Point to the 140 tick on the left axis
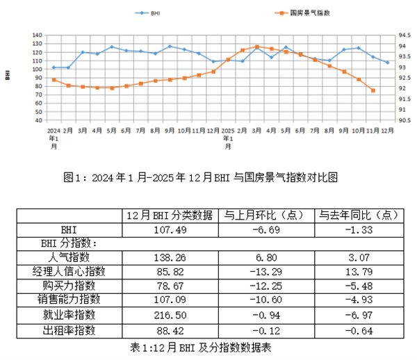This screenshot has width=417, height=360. point(38,35)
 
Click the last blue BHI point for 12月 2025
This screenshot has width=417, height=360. point(387,63)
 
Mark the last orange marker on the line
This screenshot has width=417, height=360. point(373,90)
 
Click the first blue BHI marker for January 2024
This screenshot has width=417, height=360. point(54,67)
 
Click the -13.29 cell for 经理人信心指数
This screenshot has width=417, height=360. point(263,271)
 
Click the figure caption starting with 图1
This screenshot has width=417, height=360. point(209,177)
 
